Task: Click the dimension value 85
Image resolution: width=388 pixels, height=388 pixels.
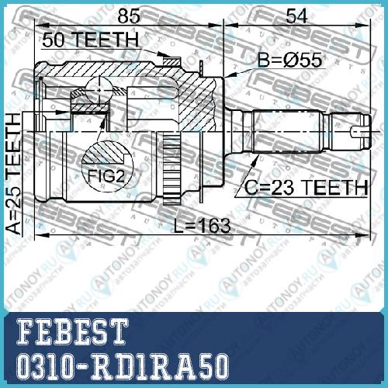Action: click(x=129, y=16)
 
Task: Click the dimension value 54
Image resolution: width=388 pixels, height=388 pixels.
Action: click(x=296, y=16)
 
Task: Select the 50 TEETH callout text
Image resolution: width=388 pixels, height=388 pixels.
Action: click(x=91, y=40)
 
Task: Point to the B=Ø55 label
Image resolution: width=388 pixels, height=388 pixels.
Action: click(x=290, y=60)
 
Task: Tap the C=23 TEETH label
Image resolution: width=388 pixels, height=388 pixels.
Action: click(x=307, y=187)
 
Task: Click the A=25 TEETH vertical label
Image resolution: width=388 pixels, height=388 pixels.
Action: click(x=13, y=174)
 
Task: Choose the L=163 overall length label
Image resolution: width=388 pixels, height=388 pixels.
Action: click(x=202, y=225)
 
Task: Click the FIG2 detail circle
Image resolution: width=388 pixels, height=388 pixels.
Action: click(x=107, y=166)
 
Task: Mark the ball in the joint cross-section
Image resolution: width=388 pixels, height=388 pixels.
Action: click(x=99, y=90)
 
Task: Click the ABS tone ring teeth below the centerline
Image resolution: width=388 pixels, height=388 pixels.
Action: click(x=172, y=168)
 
